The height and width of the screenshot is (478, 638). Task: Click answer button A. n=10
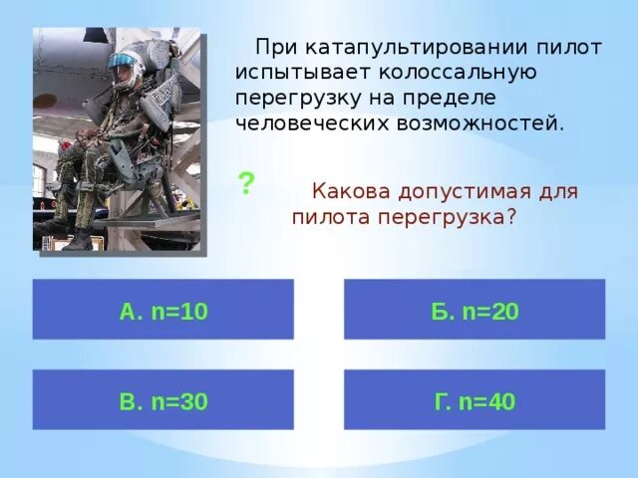162,310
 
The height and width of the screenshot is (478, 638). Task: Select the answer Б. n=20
475,310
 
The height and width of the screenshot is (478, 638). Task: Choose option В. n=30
162,400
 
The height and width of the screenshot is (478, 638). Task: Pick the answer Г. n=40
475,400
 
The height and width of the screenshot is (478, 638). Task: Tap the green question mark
246,183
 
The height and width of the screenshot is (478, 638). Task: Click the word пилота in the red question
331,216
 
